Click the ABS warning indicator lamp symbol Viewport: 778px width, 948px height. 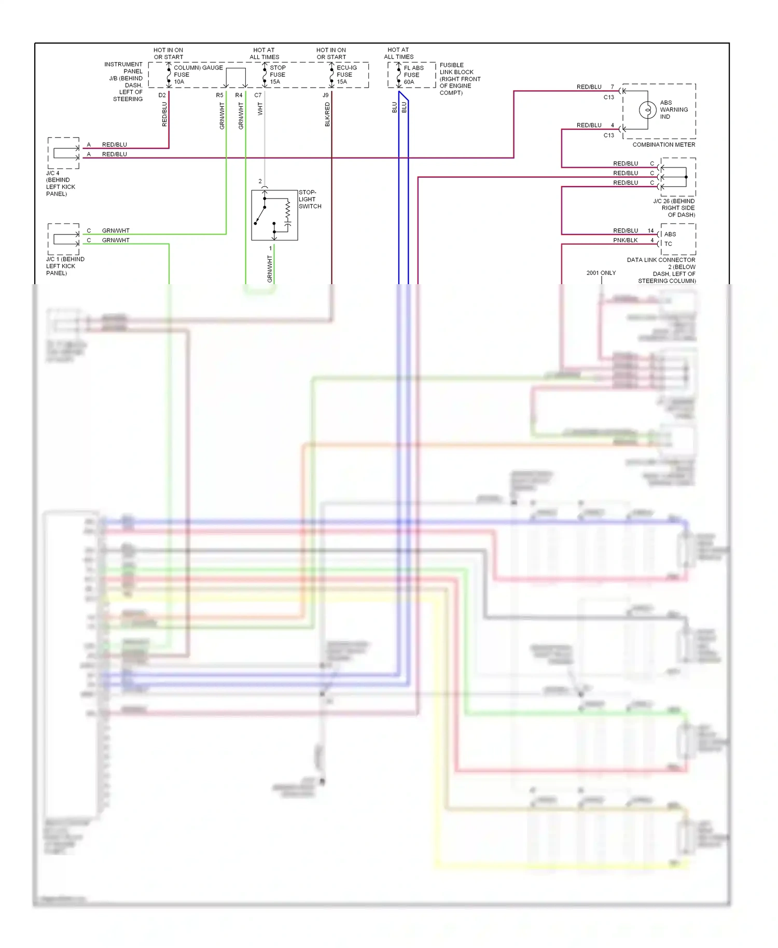(647, 110)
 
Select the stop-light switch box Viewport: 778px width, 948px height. (274, 215)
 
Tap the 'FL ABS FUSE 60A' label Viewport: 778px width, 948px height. (413, 75)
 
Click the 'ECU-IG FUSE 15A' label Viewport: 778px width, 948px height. (346, 75)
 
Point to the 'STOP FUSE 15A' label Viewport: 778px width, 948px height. (277, 75)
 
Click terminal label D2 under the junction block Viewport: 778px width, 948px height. (162, 95)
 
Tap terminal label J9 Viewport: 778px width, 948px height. (325, 95)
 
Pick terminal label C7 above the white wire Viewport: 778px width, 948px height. (258, 95)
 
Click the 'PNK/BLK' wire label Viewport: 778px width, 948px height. (625, 240)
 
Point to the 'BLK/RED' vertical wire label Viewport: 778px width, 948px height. (327, 114)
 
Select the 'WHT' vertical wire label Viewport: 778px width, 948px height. (260, 109)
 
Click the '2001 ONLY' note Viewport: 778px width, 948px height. (601, 273)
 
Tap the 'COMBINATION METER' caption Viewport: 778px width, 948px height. (663, 145)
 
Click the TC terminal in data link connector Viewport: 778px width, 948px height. (668, 244)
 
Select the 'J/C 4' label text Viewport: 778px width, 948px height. (53, 173)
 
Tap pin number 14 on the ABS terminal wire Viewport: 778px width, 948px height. (650, 231)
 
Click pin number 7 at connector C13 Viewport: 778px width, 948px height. (612, 87)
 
